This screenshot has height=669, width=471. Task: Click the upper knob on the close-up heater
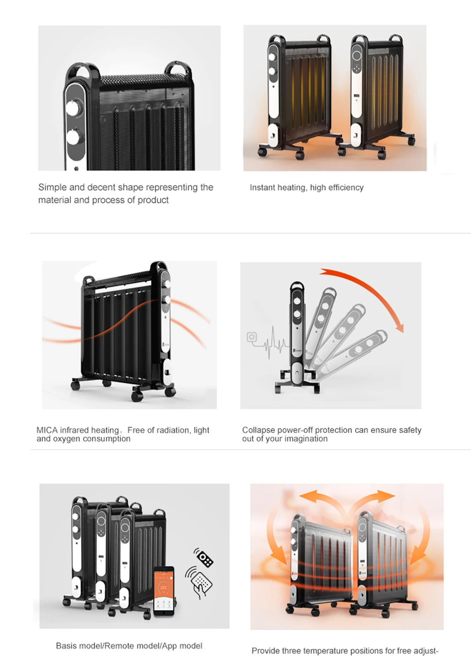point(73,108)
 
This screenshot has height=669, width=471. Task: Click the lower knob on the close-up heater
point(73,137)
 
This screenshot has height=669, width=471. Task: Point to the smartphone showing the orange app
point(163,591)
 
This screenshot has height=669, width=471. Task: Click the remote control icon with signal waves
point(204,557)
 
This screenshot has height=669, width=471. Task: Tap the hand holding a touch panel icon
point(199,583)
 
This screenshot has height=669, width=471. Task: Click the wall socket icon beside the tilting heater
point(252,337)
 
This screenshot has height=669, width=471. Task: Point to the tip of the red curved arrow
point(402,332)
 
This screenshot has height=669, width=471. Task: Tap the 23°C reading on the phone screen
point(164,588)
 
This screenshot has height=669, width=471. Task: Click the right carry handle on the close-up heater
point(178,69)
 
